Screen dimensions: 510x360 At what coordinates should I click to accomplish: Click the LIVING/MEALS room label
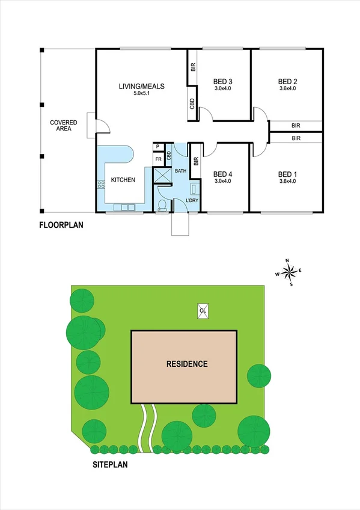(x=141, y=86)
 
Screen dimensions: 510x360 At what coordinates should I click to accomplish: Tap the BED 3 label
(x=223, y=81)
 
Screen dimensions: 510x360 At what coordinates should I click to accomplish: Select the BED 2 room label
(x=288, y=81)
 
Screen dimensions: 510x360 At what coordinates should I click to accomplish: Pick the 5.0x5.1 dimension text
(x=141, y=94)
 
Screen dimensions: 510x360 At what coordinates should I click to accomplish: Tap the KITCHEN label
(x=123, y=180)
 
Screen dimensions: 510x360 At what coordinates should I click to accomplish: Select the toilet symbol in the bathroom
(x=162, y=206)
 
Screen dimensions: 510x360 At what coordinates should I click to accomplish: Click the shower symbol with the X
(x=162, y=176)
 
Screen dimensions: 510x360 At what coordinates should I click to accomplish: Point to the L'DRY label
(x=192, y=200)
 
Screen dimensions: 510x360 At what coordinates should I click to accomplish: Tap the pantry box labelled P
(x=157, y=146)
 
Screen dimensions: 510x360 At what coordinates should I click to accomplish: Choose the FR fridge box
(x=158, y=159)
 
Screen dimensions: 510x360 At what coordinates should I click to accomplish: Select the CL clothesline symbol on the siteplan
(x=203, y=310)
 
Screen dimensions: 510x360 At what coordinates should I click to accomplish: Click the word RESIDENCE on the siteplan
(x=187, y=364)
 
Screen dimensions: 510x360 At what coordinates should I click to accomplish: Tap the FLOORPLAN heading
(x=61, y=226)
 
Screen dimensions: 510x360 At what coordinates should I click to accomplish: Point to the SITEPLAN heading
(x=110, y=464)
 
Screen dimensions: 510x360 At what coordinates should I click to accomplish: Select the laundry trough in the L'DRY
(x=194, y=188)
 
